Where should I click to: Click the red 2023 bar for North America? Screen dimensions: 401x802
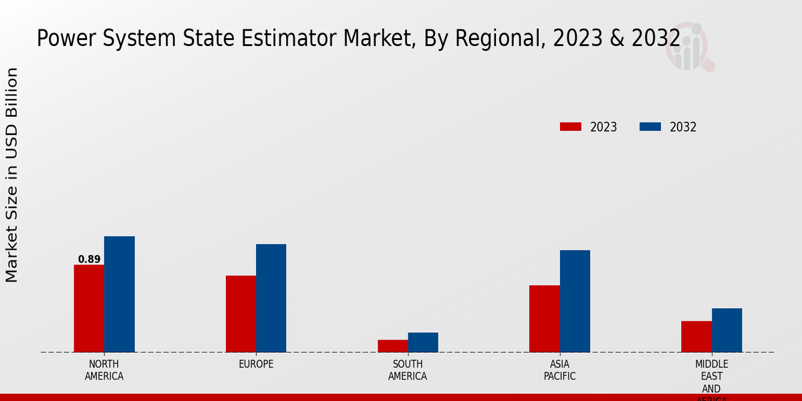pyautogui.click(x=89, y=308)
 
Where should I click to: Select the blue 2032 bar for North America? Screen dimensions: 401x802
pyautogui.click(x=119, y=294)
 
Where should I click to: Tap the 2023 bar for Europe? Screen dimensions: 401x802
pyautogui.click(x=241, y=313)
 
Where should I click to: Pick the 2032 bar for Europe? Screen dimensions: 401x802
pyautogui.click(x=271, y=298)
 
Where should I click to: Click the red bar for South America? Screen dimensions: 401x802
pyautogui.click(x=392, y=346)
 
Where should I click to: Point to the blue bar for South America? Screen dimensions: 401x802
pyautogui.click(x=423, y=342)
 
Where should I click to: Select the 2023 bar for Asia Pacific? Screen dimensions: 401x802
pyautogui.click(x=544, y=319)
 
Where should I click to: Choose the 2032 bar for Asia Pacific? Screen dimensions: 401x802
pyautogui.click(x=575, y=301)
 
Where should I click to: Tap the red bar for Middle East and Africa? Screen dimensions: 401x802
pyautogui.click(x=696, y=336)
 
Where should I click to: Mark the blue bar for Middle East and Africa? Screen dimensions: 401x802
pyautogui.click(x=726, y=330)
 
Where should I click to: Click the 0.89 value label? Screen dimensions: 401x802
pyautogui.click(x=89, y=259)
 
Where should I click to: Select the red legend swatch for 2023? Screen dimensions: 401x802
pyautogui.click(x=570, y=127)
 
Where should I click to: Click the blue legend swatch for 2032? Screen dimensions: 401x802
pyautogui.click(x=650, y=127)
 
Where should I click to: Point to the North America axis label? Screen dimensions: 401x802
pyautogui.click(x=104, y=370)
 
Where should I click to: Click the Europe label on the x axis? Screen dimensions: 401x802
pyautogui.click(x=256, y=364)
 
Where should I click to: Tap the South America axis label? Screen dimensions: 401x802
pyautogui.click(x=408, y=370)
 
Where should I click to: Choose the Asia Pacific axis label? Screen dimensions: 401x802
pyautogui.click(x=559, y=370)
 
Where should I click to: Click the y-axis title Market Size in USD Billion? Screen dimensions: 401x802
pyautogui.click(x=12, y=175)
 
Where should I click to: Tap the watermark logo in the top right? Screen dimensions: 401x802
pyautogui.click(x=689, y=47)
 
